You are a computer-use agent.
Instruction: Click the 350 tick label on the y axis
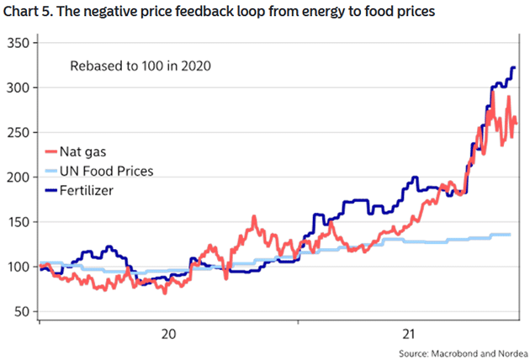[x=19, y=43]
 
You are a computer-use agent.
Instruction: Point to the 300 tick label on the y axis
[x=19, y=87]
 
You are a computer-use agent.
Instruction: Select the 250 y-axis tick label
[x=19, y=132]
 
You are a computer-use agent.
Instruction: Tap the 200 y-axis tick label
[x=19, y=177]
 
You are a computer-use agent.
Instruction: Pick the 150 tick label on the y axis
[x=19, y=222]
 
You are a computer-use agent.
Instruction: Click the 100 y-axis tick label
[x=19, y=267]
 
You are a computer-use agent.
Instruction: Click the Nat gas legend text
[x=83, y=152]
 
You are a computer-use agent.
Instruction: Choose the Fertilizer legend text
[x=87, y=191]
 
